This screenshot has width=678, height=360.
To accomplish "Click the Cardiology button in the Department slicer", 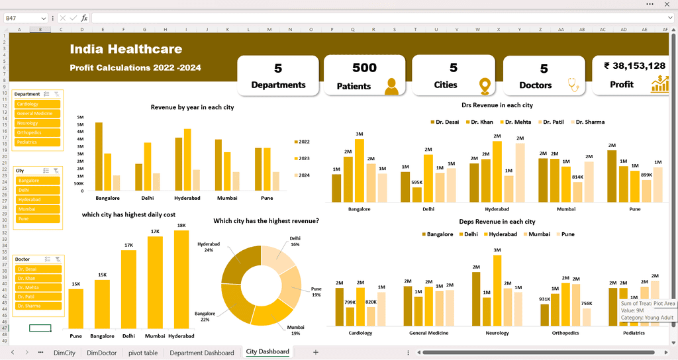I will pyautogui.click(x=38, y=104).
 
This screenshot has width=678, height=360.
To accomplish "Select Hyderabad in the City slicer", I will pyautogui.click(x=38, y=199).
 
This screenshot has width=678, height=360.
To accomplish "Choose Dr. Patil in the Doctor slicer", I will pyautogui.click(x=38, y=296).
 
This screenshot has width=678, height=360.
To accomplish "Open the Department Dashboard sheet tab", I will pyautogui.click(x=202, y=353).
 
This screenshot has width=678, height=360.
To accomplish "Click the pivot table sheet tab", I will pyautogui.click(x=143, y=353).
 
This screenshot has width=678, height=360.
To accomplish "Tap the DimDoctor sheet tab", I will pyautogui.click(x=101, y=353).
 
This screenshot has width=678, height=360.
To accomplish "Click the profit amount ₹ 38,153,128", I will pyautogui.click(x=634, y=66).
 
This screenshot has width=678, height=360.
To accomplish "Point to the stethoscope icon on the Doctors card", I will pyautogui.click(x=569, y=85).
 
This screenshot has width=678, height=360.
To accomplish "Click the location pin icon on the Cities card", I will pyautogui.click(x=485, y=85).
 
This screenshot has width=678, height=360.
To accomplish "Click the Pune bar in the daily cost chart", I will pyautogui.click(x=76, y=308).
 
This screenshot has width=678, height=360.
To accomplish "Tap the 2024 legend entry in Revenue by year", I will pyautogui.click(x=301, y=175).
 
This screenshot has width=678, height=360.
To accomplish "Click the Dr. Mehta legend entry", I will pyautogui.click(x=518, y=122).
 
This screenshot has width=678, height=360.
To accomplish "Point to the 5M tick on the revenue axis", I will pyautogui.click(x=80, y=124).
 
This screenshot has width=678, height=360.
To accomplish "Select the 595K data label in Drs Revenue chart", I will pyautogui.click(x=416, y=182).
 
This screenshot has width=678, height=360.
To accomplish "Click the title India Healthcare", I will pyautogui.click(x=126, y=49).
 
